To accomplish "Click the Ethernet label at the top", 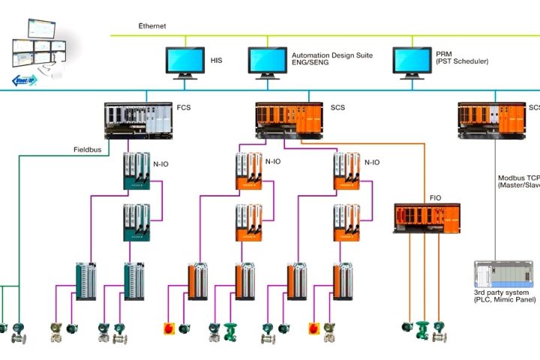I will click(x=152, y=25).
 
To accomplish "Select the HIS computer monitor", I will click(x=184, y=60).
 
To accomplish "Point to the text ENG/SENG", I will click(x=312, y=62).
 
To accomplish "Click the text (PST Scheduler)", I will click(x=462, y=62).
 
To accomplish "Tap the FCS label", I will click(x=184, y=108).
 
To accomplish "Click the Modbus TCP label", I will click(x=518, y=179).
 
